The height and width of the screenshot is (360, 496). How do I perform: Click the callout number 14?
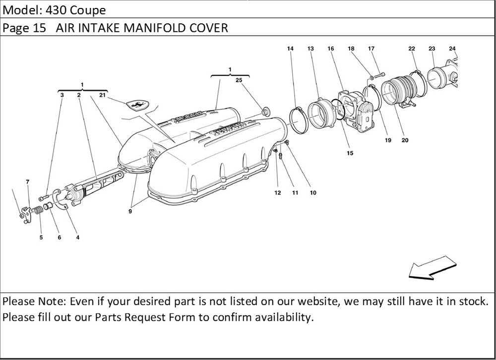pyautogui.click(x=290, y=49)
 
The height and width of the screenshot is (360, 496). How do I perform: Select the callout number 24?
pyautogui.click(x=452, y=49)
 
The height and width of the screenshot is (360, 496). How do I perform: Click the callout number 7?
pyautogui.click(x=28, y=182)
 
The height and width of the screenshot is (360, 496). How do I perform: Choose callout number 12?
pyautogui.click(x=277, y=192)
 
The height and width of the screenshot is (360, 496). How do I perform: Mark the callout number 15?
pyautogui.click(x=350, y=153)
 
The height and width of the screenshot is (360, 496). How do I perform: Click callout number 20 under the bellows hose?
pyautogui.click(x=405, y=140)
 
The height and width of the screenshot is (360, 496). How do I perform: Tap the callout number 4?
pyautogui.click(x=78, y=238)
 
